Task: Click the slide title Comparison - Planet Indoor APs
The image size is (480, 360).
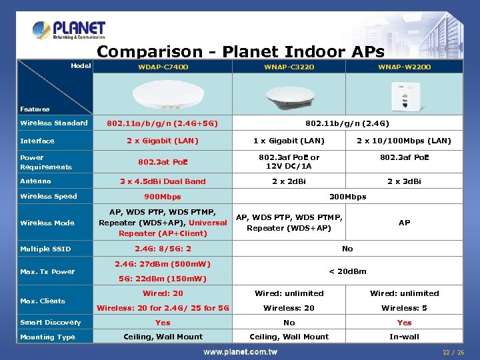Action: [241, 51]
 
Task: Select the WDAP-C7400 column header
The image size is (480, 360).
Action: [163, 67]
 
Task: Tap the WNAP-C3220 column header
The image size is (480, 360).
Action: [289, 67]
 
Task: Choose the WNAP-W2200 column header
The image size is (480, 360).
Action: [404, 67]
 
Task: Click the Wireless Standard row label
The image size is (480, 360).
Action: [54, 123]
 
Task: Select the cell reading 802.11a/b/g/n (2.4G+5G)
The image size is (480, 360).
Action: [163, 123]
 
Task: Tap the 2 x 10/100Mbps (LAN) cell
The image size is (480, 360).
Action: [404, 141]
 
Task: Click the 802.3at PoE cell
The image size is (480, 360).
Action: [163, 161]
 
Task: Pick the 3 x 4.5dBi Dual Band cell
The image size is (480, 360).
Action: [163, 181]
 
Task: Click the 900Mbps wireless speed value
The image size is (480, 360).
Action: [163, 197]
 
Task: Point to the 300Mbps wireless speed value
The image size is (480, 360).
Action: [347, 197]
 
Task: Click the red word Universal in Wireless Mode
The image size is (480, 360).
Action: [208, 223]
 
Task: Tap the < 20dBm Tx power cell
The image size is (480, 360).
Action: [347, 271]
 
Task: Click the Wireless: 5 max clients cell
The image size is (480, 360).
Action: [404, 308]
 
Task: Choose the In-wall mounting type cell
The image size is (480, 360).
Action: [404, 337]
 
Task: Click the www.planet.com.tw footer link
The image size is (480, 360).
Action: [240, 351]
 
